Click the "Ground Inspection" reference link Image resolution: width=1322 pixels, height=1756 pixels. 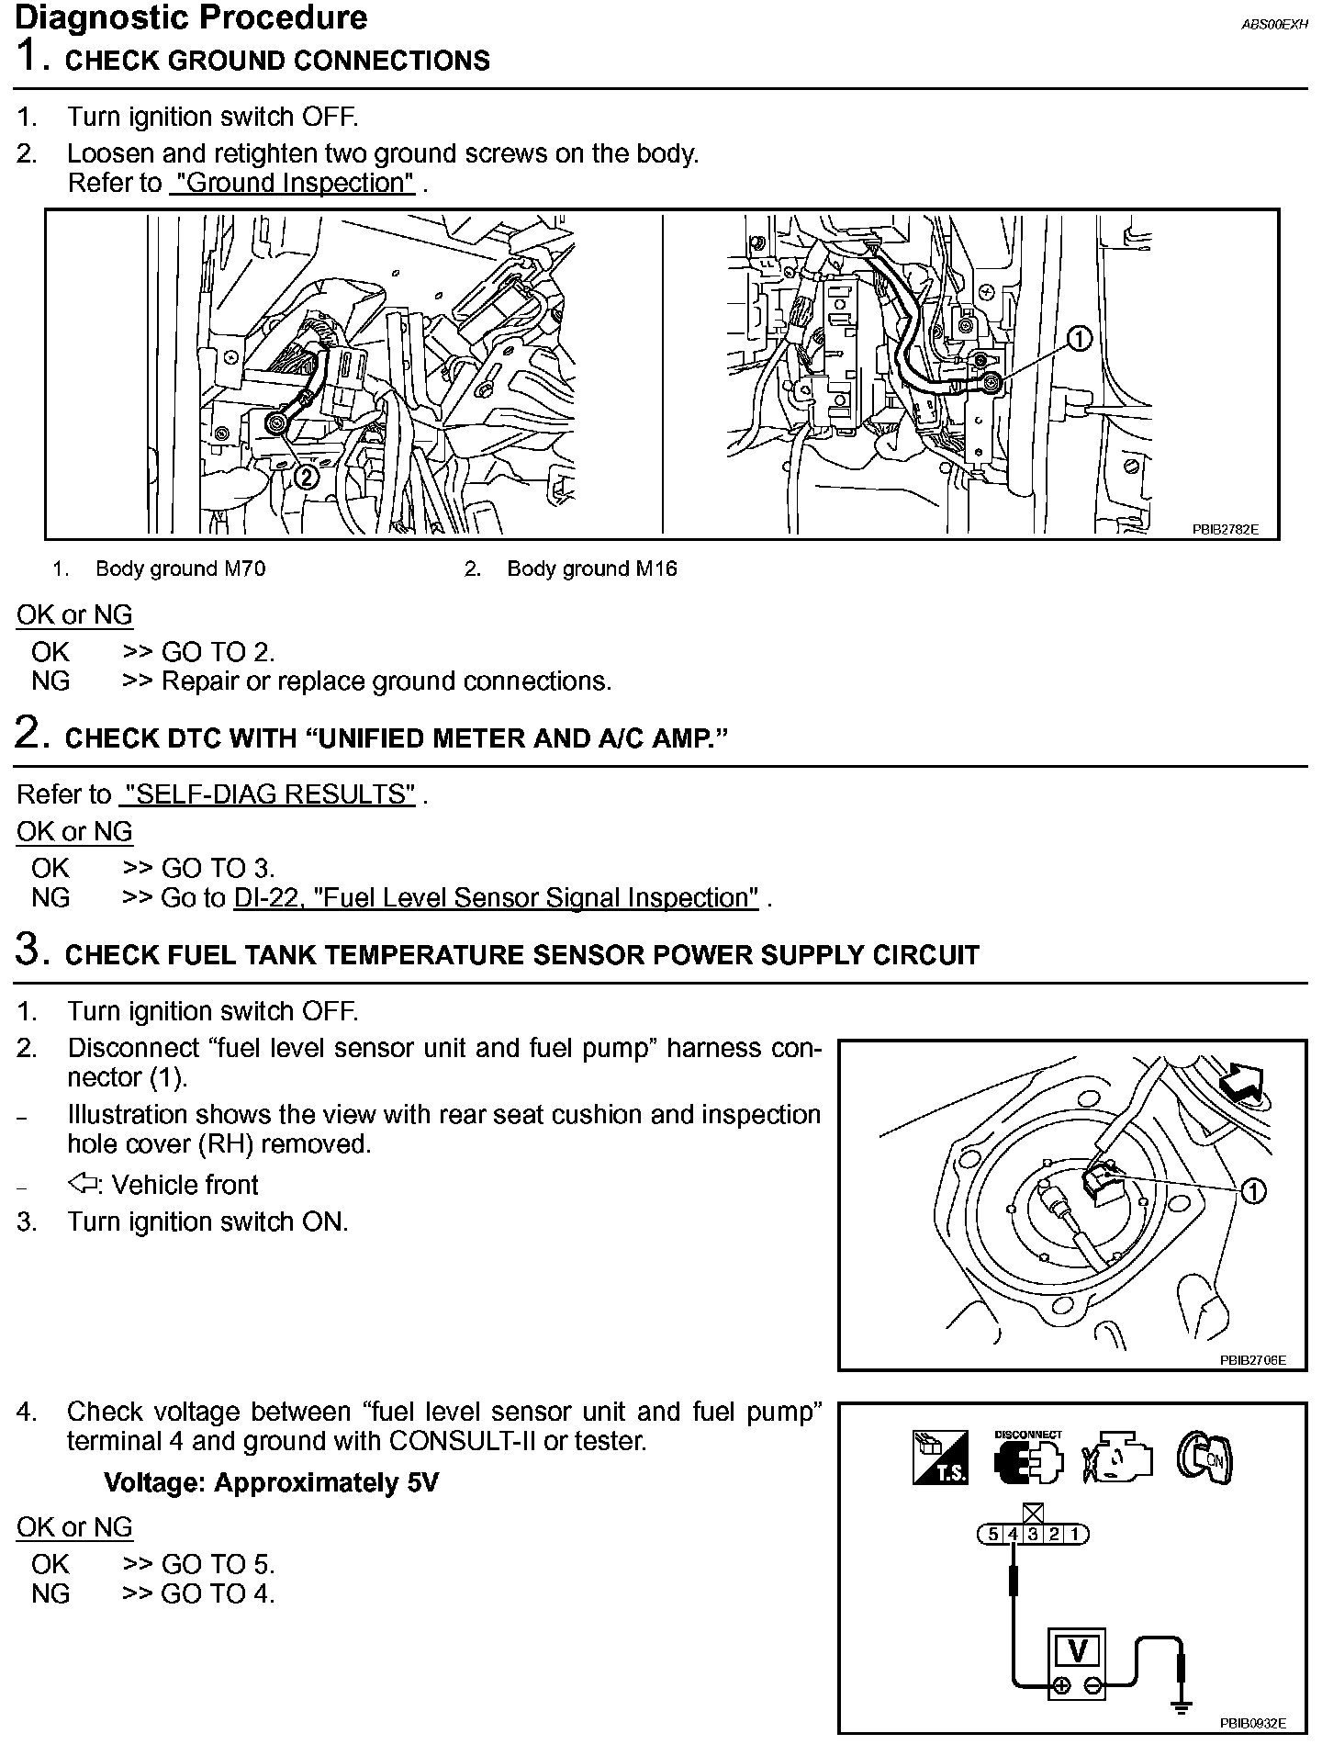(x=293, y=183)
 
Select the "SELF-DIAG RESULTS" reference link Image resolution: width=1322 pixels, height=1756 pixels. (x=267, y=794)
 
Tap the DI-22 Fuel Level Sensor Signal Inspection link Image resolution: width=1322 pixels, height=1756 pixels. (x=496, y=897)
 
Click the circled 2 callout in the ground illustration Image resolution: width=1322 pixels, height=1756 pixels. (x=307, y=476)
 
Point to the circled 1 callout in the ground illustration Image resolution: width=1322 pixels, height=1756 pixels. (x=1079, y=340)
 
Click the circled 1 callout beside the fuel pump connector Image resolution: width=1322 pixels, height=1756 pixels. (x=1253, y=1191)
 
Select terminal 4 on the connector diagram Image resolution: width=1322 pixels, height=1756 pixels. (x=1013, y=1535)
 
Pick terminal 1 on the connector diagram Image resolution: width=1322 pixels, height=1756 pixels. (x=1075, y=1535)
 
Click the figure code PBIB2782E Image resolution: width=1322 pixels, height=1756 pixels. (x=1225, y=529)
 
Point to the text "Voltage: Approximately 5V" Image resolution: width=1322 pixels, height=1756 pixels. (x=271, y=1483)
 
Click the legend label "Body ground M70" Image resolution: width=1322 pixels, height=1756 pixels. (x=180, y=569)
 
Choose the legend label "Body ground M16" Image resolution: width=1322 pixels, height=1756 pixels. (x=591, y=569)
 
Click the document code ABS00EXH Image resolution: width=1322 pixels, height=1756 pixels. (x=1273, y=26)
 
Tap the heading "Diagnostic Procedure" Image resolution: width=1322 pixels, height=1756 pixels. (x=192, y=17)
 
